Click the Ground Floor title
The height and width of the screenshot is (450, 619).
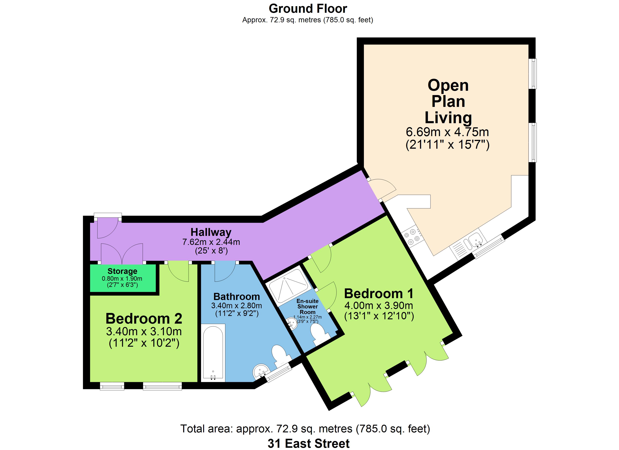tap(308, 9)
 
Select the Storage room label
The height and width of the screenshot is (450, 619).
tap(122, 271)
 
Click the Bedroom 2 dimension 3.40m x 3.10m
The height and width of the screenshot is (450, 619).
tap(144, 331)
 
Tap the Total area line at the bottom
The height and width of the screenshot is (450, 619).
tap(305, 429)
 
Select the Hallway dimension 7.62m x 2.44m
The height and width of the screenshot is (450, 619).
tap(211, 242)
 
